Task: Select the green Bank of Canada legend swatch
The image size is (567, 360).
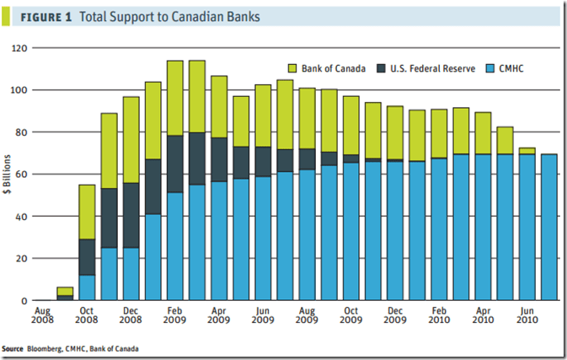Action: click(293, 67)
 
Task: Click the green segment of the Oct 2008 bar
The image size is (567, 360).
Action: click(88, 211)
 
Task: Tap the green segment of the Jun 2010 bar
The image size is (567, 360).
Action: click(527, 151)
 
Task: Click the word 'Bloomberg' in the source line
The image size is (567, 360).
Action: click(50, 347)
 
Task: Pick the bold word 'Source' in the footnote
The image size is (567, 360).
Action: click(13, 347)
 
